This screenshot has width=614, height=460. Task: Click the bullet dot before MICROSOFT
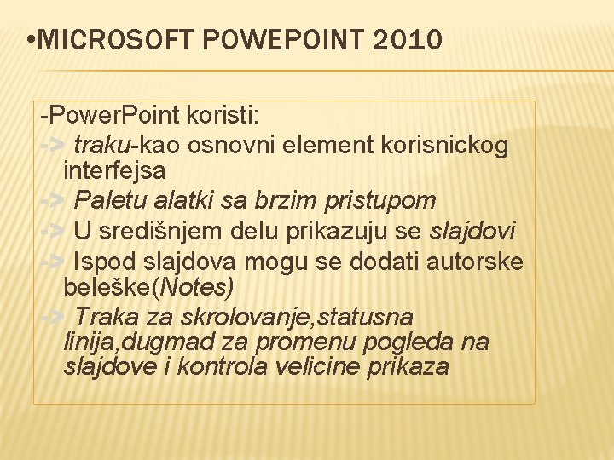(31, 40)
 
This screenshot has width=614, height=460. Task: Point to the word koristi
(227, 115)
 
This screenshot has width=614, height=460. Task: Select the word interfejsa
(114, 170)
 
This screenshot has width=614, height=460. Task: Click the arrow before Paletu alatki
(52, 201)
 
